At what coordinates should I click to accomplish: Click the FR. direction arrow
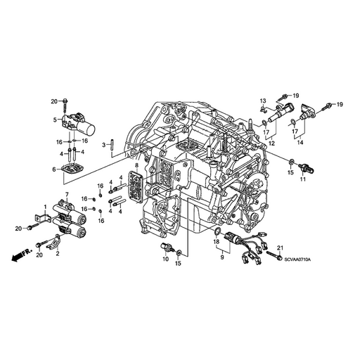pyautogui.click(x=21, y=255)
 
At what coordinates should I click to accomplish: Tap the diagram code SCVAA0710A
pyautogui.click(x=297, y=259)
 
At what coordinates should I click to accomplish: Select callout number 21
pyautogui.click(x=281, y=247)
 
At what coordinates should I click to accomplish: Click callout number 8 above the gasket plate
pyautogui.click(x=137, y=166)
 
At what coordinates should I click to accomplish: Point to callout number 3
pyautogui.click(x=104, y=146)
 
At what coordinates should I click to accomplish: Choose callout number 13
pyautogui.click(x=263, y=101)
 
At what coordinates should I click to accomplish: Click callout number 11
pyautogui.click(x=303, y=179)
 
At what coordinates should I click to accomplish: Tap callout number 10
pyautogui.click(x=165, y=259)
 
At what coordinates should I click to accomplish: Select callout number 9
pyautogui.click(x=222, y=257)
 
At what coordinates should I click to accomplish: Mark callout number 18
pyautogui.click(x=217, y=242)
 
